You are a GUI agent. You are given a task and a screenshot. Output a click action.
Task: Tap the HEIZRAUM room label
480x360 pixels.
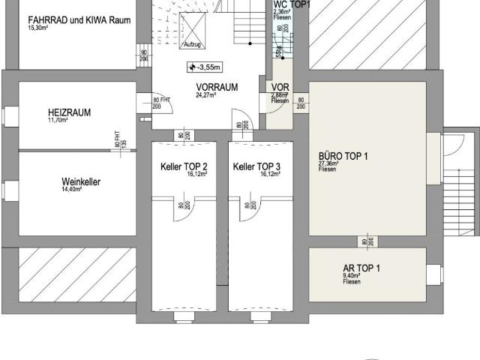[x=69, y=112]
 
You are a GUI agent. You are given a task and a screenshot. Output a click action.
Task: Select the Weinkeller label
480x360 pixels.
[x=81, y=181]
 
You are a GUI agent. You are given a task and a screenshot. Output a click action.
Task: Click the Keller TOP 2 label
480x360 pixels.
[x=184, y=166]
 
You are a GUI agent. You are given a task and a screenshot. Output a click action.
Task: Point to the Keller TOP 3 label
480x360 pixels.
[x=256, y=166]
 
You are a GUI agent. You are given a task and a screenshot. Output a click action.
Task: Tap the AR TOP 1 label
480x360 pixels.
[x=361, y=268]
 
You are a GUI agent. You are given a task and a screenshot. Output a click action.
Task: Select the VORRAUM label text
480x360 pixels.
[x=217, y=87]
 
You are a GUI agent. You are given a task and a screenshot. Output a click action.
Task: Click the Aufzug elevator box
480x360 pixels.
[x=195, y=29]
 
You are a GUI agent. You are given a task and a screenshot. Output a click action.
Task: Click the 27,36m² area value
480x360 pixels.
[x=328, y=163]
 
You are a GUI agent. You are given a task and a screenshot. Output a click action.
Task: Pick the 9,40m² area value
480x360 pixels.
[x=352, y=275]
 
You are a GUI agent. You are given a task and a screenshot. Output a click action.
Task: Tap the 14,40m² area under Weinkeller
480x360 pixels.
[x=72, y=190]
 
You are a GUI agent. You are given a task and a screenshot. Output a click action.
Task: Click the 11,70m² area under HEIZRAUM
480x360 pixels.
[x=58, y=120]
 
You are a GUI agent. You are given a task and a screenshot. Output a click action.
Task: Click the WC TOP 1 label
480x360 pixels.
[x=290, y=4]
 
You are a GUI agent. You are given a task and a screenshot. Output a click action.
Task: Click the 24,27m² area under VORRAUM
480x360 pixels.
[x=205, y=95]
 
